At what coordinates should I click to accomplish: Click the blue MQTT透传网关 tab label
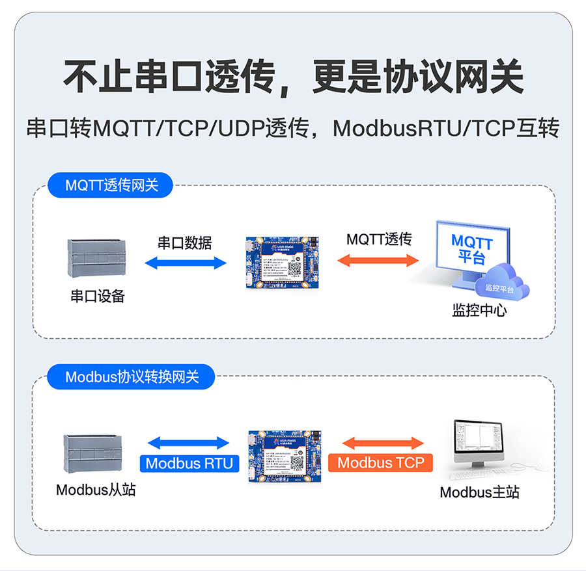pyautogui.click(x=112, y=185)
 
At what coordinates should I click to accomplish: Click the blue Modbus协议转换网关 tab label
pyautogui.click(x=132, y=377)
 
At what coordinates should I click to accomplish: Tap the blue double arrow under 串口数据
pyautogui.click(x=185, y=263)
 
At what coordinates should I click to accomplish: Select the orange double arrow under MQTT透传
pyautogui.click(x=378, y=259)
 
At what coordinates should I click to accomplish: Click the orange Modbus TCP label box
pyautogui.click(x=380, y=463)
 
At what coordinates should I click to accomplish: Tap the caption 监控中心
pyautogui.click(x=479, y=310)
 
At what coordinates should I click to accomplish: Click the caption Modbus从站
pyautogui.click(x=96, y=490)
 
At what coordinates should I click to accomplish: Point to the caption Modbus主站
pyautogui.click(x=479, y=492)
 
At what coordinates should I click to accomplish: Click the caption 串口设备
pyautogui.click(x=98, y=297)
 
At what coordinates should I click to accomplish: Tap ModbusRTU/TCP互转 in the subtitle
pyautogui.click(x=446, y=128)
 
